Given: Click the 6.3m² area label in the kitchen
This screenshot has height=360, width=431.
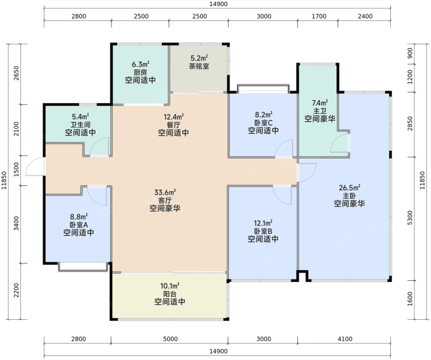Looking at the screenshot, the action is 140,64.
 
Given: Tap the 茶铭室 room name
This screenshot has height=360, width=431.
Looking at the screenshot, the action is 199,67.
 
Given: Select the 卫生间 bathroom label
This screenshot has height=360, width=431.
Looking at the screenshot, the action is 80,125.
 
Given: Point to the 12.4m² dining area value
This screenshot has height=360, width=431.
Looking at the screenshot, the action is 173,116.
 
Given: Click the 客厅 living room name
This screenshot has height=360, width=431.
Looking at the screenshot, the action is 165,200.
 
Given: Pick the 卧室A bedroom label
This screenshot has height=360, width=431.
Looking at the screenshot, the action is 79,224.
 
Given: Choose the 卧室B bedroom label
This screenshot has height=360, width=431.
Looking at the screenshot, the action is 263,231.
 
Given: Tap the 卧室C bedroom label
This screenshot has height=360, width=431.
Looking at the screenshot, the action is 263,122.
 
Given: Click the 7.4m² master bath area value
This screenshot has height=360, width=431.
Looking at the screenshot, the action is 320,103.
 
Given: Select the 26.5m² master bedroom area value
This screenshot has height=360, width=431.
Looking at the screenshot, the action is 349,188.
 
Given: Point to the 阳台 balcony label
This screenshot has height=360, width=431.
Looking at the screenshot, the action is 170,294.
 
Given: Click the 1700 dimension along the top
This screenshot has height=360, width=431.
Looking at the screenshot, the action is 319,16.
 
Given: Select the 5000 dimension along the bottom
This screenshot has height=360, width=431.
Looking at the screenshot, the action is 170,339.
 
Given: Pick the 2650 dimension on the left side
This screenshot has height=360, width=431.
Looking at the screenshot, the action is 16,73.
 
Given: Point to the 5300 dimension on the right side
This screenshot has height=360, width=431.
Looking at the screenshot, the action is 410,218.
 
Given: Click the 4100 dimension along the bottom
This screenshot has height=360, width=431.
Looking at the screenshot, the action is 345,339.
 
